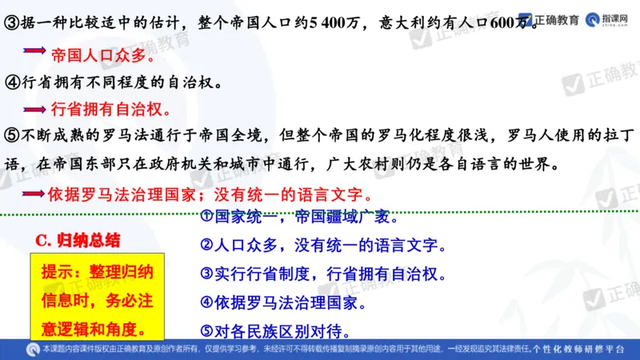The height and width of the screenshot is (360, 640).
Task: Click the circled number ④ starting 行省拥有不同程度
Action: pos(11,82)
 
